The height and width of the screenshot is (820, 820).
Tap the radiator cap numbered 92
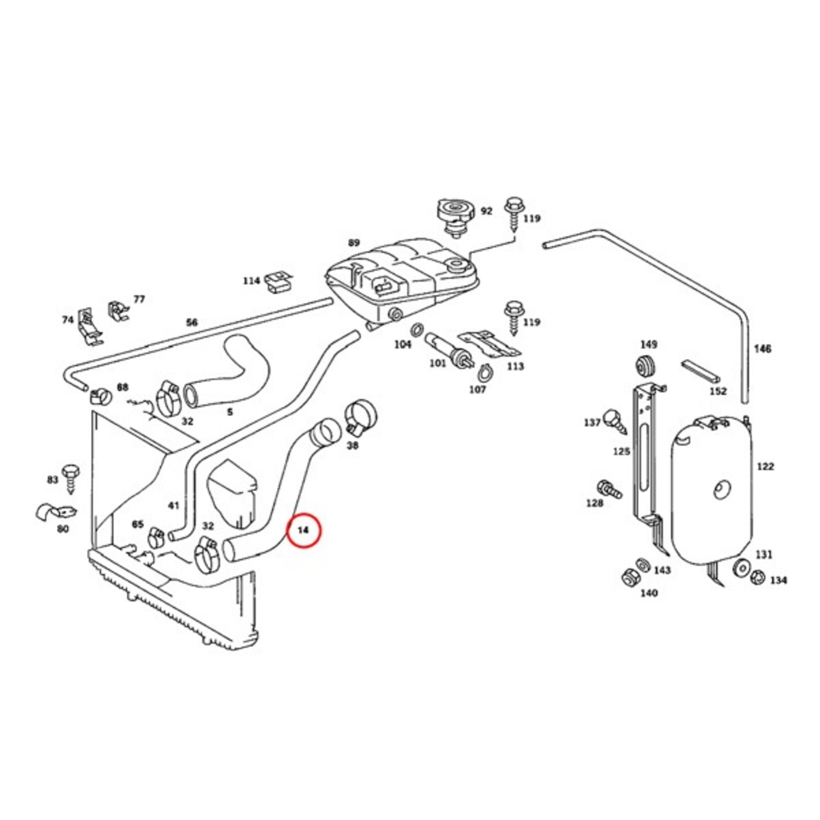coord(453,215)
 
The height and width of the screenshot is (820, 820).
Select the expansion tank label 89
coord(354,242)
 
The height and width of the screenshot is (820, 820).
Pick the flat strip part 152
coord(700,371)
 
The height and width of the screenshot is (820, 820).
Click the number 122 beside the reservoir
coord(765,466)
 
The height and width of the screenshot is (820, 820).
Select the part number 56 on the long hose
coord(191,323)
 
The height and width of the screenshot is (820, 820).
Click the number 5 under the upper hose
coord(230,412)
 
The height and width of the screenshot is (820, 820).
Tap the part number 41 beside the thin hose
coord(173,506)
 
